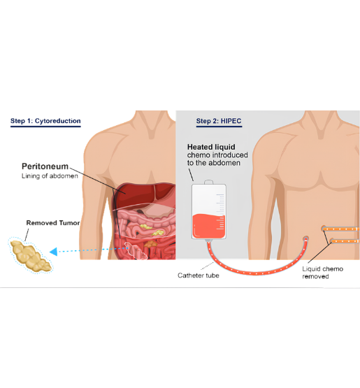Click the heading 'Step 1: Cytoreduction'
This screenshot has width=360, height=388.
coord(45,121)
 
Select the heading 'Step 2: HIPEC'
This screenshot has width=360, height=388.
coord(219,121)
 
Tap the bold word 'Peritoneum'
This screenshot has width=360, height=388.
coord(45,166)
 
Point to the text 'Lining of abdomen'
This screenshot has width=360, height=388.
coord(50,176)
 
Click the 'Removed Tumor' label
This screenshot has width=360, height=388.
coord(53,223)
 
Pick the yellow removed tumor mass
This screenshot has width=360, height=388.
coord(31,256)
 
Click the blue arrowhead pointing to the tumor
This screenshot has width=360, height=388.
coord(53,252)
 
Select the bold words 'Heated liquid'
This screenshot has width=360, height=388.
coord(211,147)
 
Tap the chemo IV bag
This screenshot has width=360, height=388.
coord(209,212)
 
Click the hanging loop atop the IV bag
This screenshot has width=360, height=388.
coord(209,182)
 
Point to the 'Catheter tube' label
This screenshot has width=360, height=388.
coord(199,275)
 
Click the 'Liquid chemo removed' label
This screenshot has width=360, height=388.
coord(323,273)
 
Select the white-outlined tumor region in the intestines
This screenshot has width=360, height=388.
coord(136,251)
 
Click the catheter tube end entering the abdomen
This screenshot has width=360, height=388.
coord(306,239)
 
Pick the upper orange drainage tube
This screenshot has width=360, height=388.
coord(340,229)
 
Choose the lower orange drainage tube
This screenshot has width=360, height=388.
coord(345,240)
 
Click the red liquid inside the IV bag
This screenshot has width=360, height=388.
coord(209,226)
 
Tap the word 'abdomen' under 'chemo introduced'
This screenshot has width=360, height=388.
coord(224,163)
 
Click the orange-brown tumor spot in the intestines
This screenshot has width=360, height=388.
coord(150,244)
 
